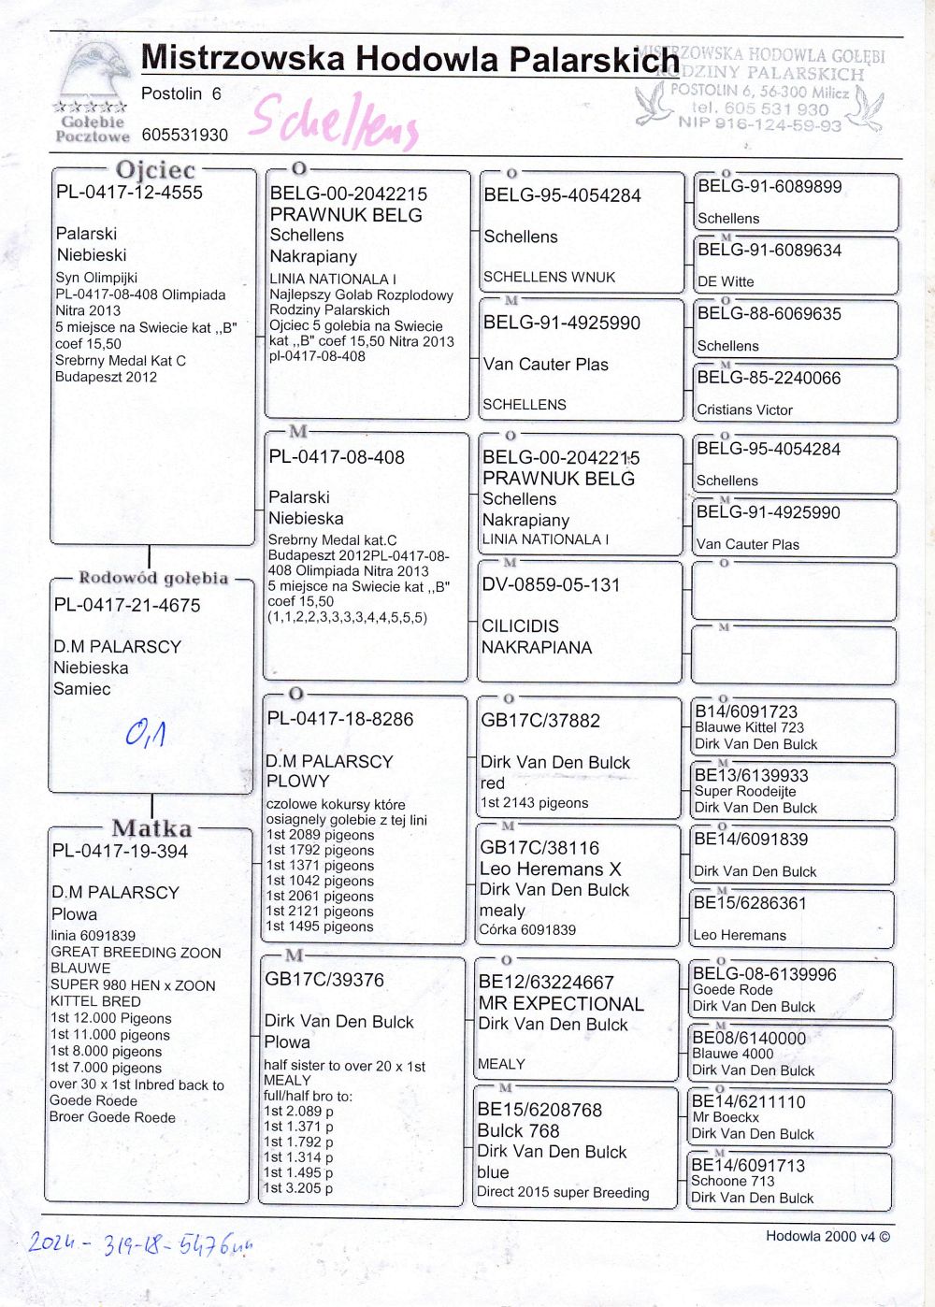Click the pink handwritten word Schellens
pos(335,122)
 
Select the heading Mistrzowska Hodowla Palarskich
pos(410,59)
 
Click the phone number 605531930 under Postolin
pos(185,135)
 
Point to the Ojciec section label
pos(155,170)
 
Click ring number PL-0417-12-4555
pos(129,193)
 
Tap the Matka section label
pos(151,828)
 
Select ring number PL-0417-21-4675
pos(127,605)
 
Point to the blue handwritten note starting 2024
pos(140,1243)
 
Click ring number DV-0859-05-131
pos(551,585)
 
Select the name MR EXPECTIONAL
pos(561,1004)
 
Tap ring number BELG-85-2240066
pos(769,378)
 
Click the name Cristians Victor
pos(744,409)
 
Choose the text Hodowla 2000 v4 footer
pos(827,1236)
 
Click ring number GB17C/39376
pos(324,980)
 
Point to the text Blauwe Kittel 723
pos(749,727)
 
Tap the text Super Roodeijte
pos(745,791)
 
